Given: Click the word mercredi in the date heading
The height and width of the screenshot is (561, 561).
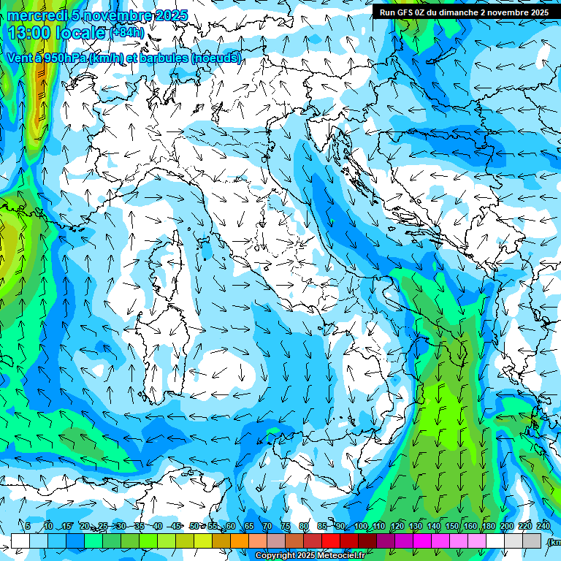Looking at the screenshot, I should point(37,16).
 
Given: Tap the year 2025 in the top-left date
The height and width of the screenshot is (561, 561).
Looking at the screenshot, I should point(171,16).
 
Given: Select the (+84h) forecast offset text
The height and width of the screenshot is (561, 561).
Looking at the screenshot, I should point(128,33).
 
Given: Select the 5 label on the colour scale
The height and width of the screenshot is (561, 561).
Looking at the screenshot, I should point(28,527).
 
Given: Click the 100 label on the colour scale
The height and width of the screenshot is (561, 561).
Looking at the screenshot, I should point(360,527).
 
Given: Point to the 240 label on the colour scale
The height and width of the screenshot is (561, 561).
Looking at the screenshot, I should point(543,527).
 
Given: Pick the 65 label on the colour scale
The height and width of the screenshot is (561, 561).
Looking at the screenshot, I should point(249,527).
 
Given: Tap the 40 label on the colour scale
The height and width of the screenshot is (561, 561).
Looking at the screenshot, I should point(157,527).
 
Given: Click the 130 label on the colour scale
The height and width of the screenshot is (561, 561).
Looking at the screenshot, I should point(416,527).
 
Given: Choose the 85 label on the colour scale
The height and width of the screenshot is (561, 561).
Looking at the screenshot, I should point(322,527).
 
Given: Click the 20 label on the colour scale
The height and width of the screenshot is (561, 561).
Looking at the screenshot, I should point(85,527).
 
